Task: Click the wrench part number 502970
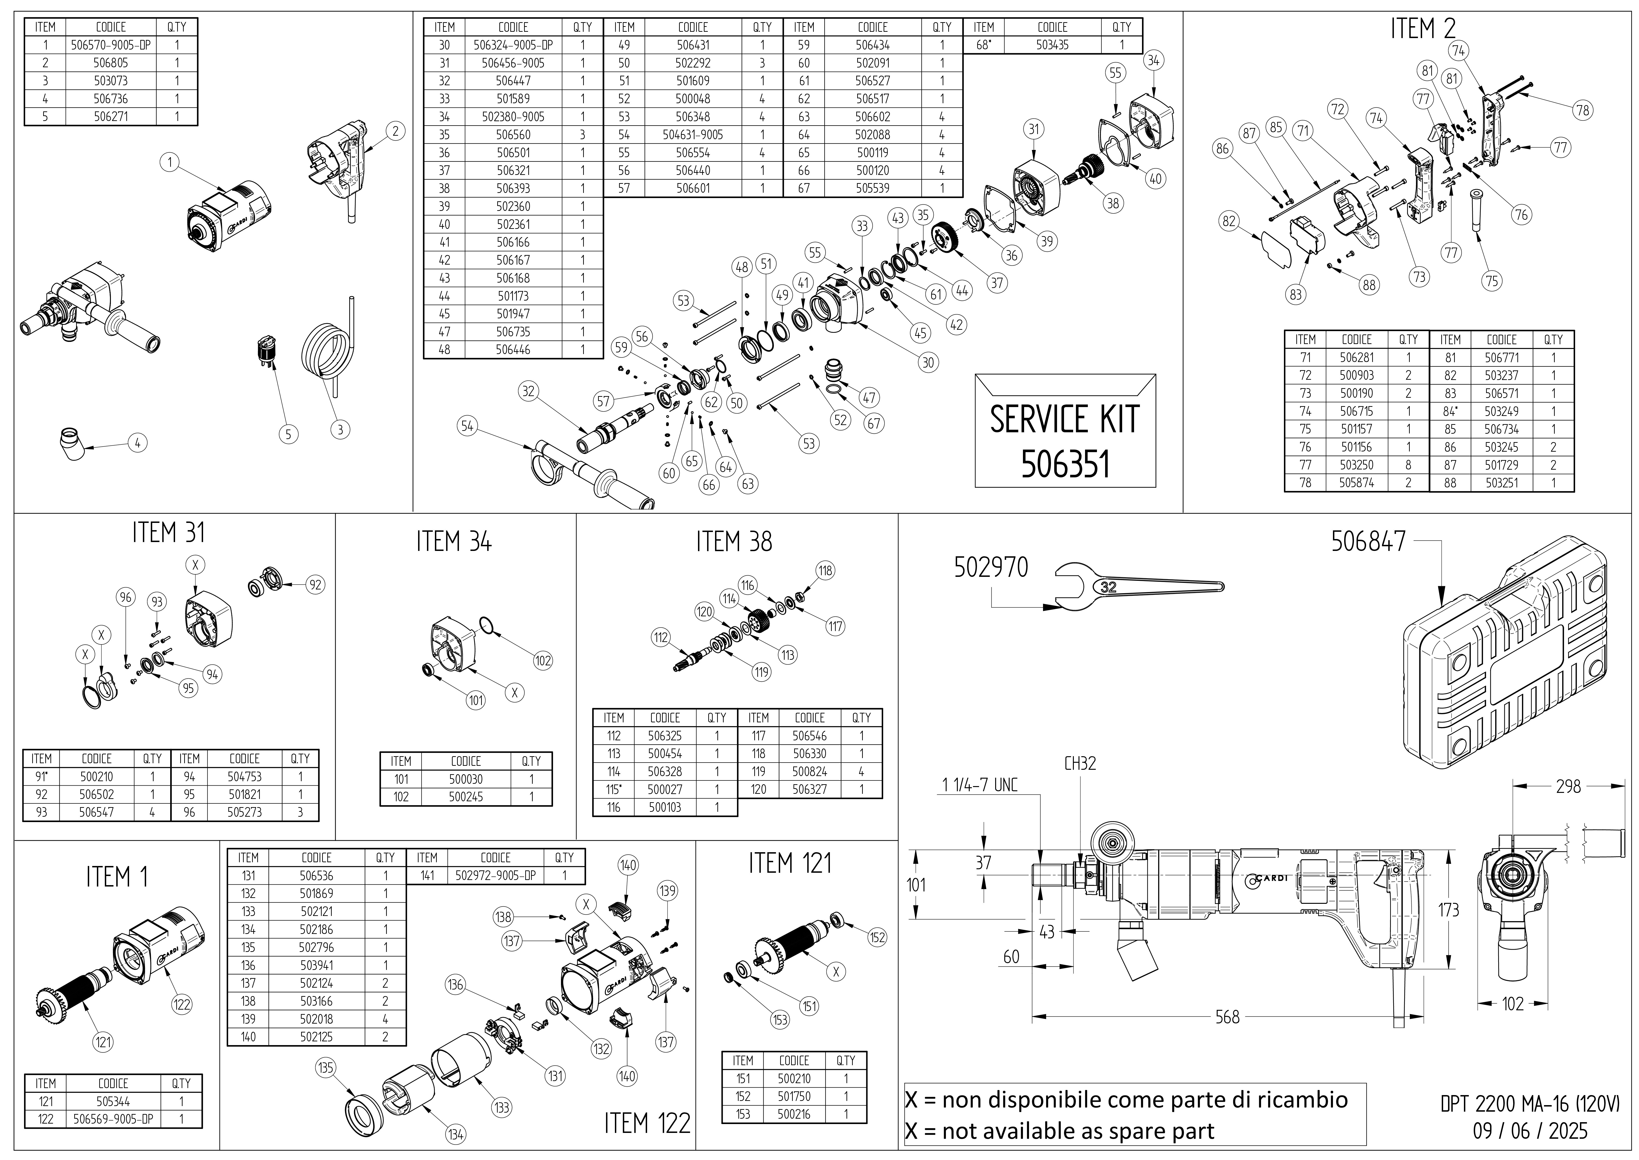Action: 991,568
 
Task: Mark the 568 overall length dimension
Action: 1227,1016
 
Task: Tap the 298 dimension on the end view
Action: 1568,786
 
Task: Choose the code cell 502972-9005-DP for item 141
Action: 495,876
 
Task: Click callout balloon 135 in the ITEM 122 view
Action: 325,1068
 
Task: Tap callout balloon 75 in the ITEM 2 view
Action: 1492,281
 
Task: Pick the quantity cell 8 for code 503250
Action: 1408,465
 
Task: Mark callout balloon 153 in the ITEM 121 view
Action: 780,1020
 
